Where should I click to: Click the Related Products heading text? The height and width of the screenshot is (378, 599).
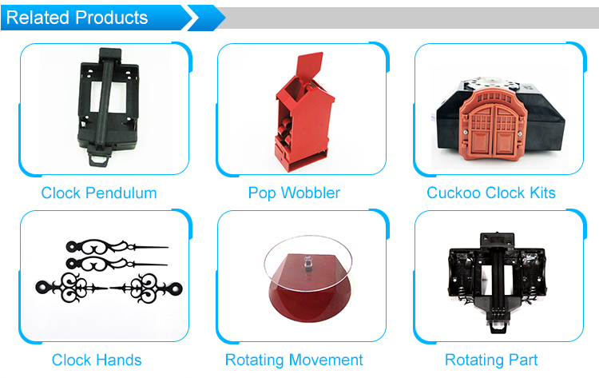tap(77, 18)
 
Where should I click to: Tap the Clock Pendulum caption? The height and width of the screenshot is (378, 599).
tap(99, 193)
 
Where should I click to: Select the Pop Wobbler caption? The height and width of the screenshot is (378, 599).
tap(294, 193)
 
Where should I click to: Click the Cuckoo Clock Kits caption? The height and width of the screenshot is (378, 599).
tap(491, 193)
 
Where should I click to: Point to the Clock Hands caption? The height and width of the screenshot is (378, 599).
tap(97, 360)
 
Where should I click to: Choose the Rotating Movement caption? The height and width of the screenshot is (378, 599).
tap(294, 360)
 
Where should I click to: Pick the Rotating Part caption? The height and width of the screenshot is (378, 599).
tap(491, 360)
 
